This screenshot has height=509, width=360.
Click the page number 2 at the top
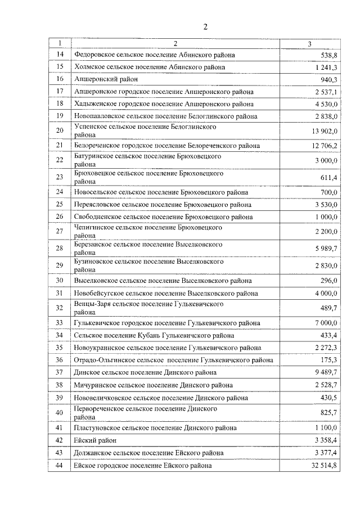(206, 27)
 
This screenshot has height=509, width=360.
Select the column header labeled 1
(60, 43)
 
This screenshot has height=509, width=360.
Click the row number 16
(60, 79)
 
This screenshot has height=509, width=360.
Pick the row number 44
(60, 466)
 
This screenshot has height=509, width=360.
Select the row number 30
(60, 281)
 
